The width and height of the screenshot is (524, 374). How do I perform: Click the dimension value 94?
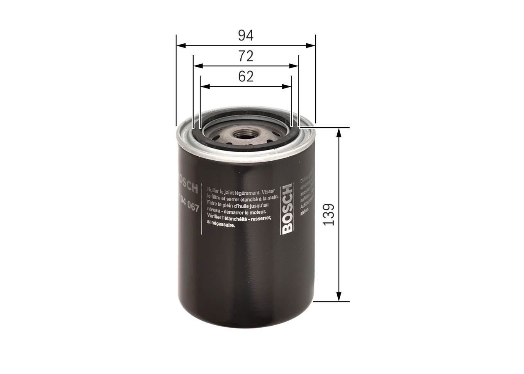pos(246,36)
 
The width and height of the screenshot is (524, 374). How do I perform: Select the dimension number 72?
pos(246,56)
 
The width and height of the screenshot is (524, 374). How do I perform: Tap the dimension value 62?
pos(246,77)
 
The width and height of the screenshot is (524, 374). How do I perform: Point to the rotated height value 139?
pos(329,214)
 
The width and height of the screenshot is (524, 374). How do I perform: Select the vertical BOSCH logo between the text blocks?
pos(287,209)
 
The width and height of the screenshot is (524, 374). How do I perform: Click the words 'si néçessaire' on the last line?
pos(221,225)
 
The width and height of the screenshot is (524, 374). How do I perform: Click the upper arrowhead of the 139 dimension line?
pos(339,131)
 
